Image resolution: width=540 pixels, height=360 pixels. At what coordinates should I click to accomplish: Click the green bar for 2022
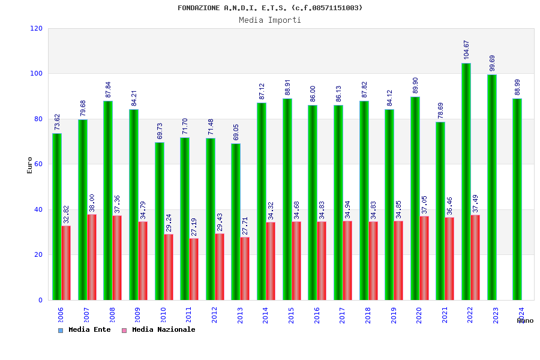(x=466, y=181)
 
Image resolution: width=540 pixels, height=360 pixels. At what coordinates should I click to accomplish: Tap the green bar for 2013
(x=236, y=221)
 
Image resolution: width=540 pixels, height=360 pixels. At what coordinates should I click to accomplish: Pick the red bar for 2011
(x=194, y=269)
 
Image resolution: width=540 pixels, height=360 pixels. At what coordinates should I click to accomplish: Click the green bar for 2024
(x=517, y=199)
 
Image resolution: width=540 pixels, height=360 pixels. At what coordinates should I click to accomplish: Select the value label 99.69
(x=492, y=63)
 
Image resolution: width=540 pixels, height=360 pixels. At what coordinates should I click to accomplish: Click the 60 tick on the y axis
(x=38, y=164)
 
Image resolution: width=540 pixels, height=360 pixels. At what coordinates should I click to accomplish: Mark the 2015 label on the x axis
(x=291, y=316)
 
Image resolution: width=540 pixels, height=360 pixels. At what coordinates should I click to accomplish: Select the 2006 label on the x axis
(x=61, y=316)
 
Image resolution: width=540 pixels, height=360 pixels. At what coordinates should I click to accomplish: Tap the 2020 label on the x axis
(x=419, y=316)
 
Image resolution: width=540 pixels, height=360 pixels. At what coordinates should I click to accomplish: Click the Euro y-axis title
(x=30, y=165)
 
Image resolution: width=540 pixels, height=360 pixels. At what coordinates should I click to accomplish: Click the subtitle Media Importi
(x=270, y=20)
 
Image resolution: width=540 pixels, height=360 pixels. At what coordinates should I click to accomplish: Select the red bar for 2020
(x=424, y=258)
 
